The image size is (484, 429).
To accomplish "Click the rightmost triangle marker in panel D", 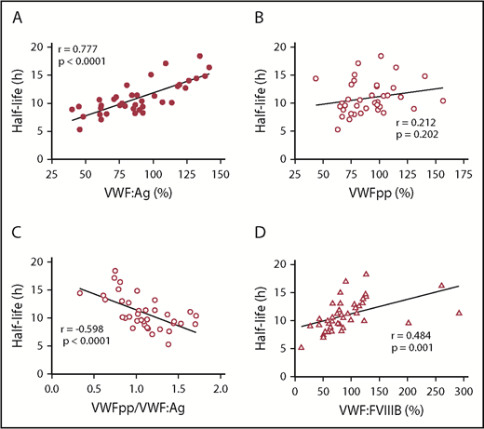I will click(x=459, y=313).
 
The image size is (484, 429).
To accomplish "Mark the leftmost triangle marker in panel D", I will click(x=301, y=347).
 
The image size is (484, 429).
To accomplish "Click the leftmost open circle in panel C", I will click(x=80, y=292).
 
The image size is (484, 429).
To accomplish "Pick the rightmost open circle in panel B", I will click(x=443, y=101).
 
